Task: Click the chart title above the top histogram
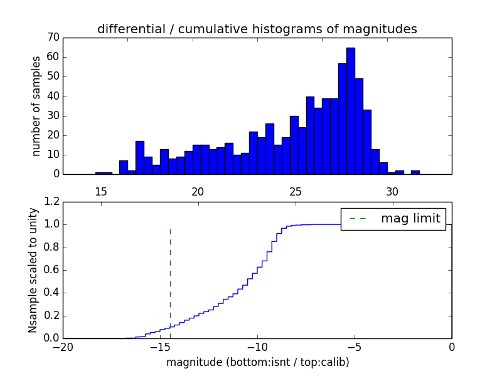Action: coord(257,29)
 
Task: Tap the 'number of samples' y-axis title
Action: coord(36,106)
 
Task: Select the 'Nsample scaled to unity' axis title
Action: coord(33,270)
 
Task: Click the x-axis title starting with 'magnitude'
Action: coord(257,362)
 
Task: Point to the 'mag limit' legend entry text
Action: coord(410,218)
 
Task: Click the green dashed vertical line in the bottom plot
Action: coord(170,282)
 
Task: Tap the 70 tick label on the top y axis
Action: coord(53,38)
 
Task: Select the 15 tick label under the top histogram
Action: coord(100,192)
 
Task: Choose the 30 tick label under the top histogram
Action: coord(393,192)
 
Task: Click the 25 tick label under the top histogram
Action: coord(296,192)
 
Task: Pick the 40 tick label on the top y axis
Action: coord(53,96)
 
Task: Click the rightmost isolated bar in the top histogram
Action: coord(415,172)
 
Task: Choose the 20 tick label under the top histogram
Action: coord(198,192)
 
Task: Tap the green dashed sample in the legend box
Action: coord(358,218)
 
